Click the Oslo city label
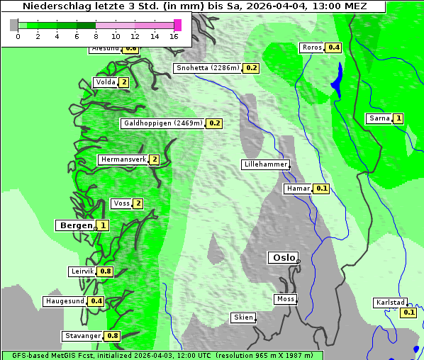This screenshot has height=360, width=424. click(x=282, y=258)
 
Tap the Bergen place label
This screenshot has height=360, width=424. click(x=74, y=225)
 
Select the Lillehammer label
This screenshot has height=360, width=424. click(x=265, y=164)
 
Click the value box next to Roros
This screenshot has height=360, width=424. click(x=334, y=48)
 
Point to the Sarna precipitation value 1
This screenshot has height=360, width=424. click(x=398, y=118)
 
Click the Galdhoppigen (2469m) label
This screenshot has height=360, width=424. click(x=163, y=123)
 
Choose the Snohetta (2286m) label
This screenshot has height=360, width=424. click(x=208, y=68)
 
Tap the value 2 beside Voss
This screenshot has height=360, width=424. click(x=138, y=204)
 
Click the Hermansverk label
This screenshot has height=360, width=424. click(x=123, y=159)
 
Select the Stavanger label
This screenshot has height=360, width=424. click(x=82, y=336)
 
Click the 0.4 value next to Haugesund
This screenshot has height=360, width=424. click(x=96, y=301)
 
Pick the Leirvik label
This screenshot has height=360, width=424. click(x=82, y=271)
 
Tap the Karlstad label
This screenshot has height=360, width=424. click(x=390, y=303)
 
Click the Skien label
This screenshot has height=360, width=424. click(x=243, y=317)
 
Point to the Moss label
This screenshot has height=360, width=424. click(x=285, y=299)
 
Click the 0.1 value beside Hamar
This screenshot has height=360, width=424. click(x=321, y=189)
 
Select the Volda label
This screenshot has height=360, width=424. click(x=105, y=82)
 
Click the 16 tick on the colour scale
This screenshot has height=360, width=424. click(x=174, y=36)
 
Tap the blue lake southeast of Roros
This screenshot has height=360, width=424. click(x=337, y=79)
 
